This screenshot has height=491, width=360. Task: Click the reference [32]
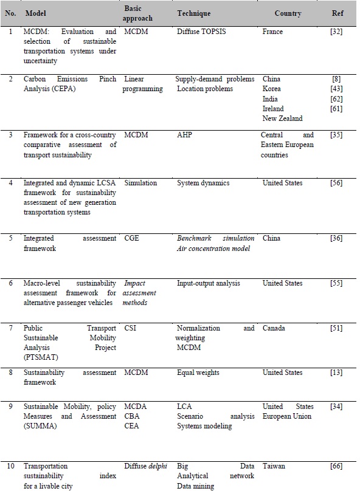tap(336, 32)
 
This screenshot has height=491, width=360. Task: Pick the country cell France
tap(272, 32)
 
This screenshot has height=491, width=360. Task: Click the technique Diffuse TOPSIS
tap(201, 32)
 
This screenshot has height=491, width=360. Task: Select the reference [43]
tap(336, 89)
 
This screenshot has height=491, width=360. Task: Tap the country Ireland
tap(273, 109)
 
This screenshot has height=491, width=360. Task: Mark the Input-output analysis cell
tap(207, 283)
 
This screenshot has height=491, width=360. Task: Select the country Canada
tap(274, 328)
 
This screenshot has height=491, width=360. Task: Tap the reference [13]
tap(336, 373)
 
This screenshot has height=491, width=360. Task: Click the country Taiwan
tap(274, 467)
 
